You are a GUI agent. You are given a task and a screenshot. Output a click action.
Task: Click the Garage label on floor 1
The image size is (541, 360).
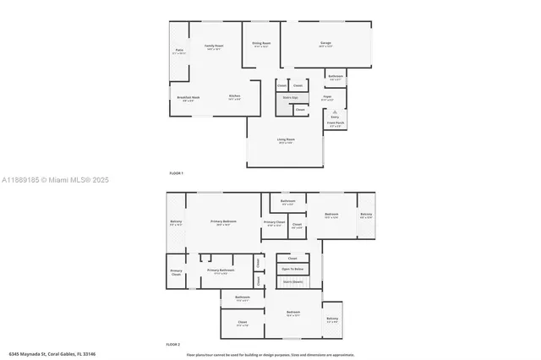pos(325,43)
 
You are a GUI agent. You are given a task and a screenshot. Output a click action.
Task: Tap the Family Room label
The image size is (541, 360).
pos(213,46)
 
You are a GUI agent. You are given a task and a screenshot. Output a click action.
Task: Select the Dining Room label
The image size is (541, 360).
pos(261,43)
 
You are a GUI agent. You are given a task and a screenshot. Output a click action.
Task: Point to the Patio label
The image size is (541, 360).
pos(178,52)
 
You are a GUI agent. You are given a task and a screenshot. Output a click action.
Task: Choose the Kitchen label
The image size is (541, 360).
pos(234,96)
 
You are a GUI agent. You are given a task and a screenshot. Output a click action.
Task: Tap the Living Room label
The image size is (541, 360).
pos(285,141)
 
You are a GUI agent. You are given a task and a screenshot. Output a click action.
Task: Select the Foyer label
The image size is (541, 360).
pos(327,98)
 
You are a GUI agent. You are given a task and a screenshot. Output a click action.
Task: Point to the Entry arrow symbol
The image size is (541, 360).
pos(335,112)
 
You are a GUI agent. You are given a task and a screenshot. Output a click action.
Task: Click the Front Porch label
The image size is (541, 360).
pos(336,123)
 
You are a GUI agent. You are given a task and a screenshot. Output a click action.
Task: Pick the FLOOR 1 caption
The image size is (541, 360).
pos(176,173)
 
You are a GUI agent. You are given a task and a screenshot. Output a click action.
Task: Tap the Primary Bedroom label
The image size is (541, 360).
pos(223,221)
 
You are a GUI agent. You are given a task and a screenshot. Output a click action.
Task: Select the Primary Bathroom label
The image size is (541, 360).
pos(220,270)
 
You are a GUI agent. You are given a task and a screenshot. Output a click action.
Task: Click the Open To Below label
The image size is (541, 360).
pos(290,270)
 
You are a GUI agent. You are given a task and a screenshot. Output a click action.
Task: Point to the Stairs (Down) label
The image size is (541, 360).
pos(292,281)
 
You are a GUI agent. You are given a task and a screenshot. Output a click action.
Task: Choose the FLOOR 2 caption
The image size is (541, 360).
pos(172,345)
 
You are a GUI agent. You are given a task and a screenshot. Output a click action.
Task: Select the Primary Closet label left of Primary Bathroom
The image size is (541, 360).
pos(176,272)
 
